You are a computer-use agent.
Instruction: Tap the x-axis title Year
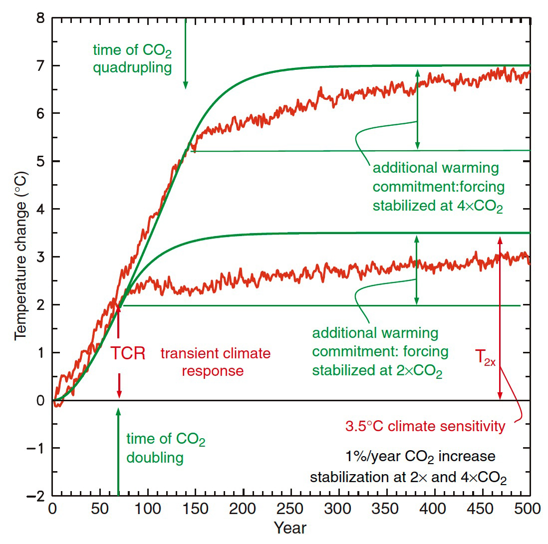[290, 528]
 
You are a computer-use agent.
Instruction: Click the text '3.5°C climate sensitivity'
[426, 427]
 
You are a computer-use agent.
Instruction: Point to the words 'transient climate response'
[215, 362]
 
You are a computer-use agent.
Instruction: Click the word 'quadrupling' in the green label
[132, 67]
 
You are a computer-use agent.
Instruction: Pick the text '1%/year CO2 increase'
[420, 457]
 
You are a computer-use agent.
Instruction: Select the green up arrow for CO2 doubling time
[118, 449]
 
